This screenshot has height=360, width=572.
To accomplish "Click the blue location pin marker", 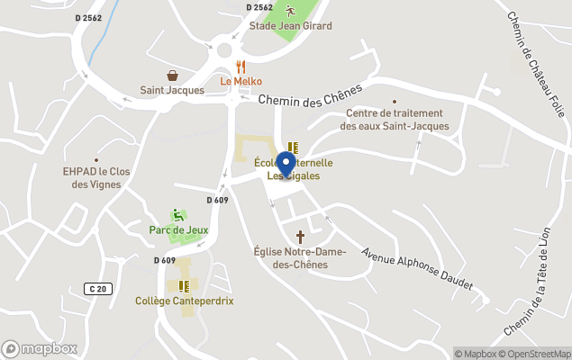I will tap(286, 166).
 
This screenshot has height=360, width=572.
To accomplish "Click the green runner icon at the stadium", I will tap(290, 11).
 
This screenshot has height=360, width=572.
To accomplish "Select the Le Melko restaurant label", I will tap(241, 81).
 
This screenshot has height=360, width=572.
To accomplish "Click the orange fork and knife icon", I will tap(241, 67).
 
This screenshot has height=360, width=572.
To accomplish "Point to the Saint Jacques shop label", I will tap(172, 90).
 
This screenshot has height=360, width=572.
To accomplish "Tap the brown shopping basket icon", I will tap(172, 76).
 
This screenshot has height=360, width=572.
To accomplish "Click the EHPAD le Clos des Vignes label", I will tap(96, 177).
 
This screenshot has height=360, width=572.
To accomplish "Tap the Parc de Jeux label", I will tap(178, 229).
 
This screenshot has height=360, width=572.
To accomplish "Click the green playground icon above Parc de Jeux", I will tap(178, 215).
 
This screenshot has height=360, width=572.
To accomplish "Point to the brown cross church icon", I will tap(300, 236).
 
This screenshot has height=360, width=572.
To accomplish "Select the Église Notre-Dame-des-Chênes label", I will tap(300, 258).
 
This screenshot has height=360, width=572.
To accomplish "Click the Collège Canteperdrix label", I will tap(184, 301).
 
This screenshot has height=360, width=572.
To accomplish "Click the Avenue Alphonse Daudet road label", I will tap(417, 268).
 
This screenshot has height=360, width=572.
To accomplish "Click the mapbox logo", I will tap(40, 349).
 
